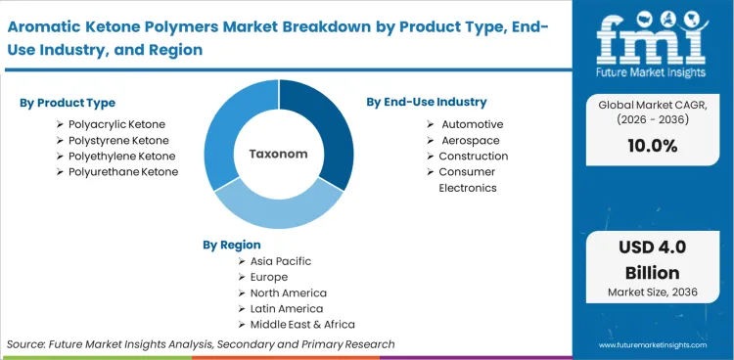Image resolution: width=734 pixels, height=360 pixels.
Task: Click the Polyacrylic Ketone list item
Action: (x=116, y=124)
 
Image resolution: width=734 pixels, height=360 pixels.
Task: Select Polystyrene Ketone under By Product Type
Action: (x=118, y=140)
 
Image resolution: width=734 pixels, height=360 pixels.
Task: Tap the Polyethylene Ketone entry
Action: (x=121, y=156)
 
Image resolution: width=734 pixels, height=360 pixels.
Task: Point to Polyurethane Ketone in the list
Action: (x=123, y=171)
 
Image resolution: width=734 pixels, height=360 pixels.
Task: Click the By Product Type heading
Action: (x=67, y=103)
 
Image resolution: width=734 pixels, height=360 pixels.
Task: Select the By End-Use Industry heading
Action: (x=426, y=102)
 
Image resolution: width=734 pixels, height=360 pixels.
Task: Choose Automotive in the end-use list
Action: (x=472, y=124)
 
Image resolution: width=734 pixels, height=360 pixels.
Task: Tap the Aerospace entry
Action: (x=470, y=140)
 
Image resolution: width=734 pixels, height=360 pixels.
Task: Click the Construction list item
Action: (x=473, y=156)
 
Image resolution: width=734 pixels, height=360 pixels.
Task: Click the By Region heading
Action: (x=232, y=245)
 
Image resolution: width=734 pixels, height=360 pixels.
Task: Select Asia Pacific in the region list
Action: (x=281, y=261)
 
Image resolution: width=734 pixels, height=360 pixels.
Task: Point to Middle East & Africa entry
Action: (x=302, y=324)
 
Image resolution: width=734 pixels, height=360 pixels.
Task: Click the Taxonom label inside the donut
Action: (x=278, y=154)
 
